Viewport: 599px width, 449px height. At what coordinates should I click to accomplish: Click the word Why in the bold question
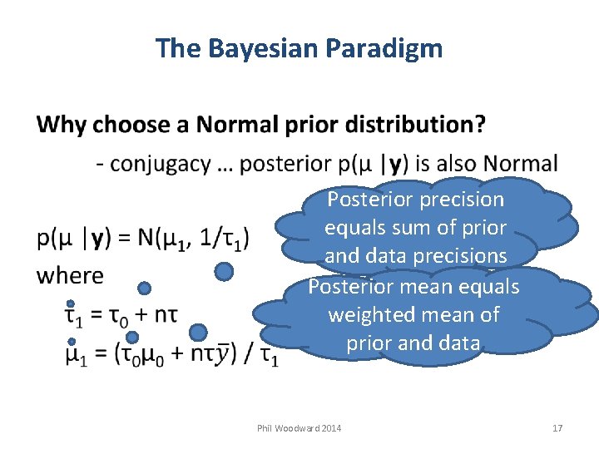pos(62,126)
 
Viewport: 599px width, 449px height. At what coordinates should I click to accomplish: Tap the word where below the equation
pos(70,275)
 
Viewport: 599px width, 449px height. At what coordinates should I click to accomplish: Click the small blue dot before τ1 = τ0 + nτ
pos(71,303)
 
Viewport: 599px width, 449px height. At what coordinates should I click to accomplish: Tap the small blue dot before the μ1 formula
pos(71,341)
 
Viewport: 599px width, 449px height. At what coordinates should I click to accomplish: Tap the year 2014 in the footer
pos(329,428)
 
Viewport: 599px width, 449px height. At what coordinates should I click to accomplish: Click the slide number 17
pos(557,428)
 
